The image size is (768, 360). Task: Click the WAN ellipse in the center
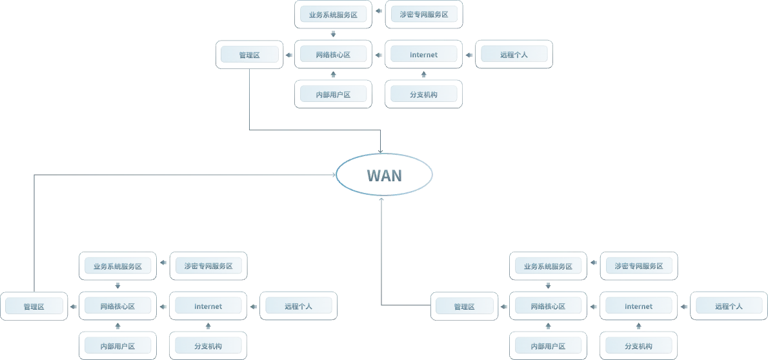click(384, 174)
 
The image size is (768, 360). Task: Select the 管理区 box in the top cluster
click(248, 55)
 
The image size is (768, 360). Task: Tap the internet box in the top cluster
click(423, 55)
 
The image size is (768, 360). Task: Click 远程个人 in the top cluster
click(514, 55)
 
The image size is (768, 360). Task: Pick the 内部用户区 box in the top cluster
click(333, 94)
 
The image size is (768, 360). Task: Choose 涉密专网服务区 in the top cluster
click(423, 15)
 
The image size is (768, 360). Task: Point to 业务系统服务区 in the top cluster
click(333, 15)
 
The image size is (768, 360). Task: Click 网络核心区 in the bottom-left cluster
click(117, 306)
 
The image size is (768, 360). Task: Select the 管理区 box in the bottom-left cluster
click(34, 306)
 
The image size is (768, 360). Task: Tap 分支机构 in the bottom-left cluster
click(207, 346)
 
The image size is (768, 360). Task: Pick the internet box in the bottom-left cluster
click(207, 306)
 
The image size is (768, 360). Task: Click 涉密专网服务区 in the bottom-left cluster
click(207, 266)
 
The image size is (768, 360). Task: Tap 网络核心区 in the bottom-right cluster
click(547, 306)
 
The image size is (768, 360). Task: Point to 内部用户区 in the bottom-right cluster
click(547, 346)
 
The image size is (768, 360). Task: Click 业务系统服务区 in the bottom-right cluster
click(547, 266)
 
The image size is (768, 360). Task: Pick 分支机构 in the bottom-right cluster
click(639, 346)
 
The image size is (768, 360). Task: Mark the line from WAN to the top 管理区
click(250, 103)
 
